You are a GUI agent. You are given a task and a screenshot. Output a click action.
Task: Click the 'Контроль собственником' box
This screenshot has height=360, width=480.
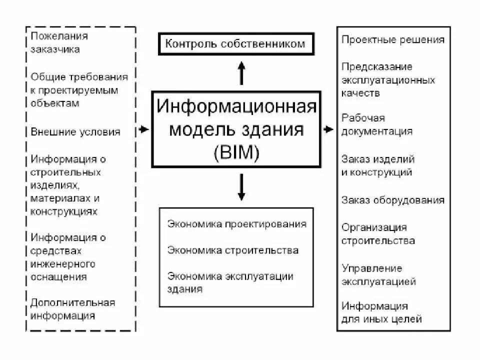coord(234,44)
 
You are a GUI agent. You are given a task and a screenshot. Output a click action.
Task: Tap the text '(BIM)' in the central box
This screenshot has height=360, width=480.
coord(236,152)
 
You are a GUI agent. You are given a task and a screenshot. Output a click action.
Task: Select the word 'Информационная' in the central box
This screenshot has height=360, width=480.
coord(236,106)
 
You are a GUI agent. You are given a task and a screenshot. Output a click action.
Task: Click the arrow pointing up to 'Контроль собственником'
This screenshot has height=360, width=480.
coord(241,72)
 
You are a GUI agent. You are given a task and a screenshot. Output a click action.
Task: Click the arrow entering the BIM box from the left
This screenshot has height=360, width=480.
coord(143,129)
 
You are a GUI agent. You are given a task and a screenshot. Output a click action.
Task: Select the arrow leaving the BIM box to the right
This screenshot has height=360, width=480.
coord(328,129)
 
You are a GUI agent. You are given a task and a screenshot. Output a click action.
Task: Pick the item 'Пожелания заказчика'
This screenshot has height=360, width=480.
coord(59,42)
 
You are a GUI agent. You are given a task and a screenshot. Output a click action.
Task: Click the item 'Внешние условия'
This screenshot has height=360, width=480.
coord(75,132)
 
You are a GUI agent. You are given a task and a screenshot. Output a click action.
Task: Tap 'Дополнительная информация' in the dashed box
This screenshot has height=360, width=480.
coord(72,309)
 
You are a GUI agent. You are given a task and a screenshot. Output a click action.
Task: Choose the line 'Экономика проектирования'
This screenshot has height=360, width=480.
coord(236,224)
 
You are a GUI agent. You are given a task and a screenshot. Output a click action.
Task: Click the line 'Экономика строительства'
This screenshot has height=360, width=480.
coord(233,250)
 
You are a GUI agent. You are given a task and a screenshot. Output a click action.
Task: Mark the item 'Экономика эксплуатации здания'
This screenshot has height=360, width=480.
coord(230,282)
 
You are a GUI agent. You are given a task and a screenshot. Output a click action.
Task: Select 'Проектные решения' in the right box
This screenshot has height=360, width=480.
coord(392,40)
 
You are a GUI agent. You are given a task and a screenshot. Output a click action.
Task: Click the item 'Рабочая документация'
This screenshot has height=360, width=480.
coord(377,124)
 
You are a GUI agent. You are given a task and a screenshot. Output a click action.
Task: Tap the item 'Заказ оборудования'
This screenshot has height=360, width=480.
coord(392,200)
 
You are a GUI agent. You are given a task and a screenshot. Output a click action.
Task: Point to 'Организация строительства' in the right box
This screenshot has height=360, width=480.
coord(378,234)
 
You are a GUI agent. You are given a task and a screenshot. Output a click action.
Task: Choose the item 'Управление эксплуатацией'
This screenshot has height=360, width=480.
coord(378,275)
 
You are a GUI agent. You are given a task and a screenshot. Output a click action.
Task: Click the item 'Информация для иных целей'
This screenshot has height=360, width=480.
coord(381,312)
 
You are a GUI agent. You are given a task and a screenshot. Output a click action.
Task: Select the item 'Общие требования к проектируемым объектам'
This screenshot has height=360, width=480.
coord(79,90)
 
